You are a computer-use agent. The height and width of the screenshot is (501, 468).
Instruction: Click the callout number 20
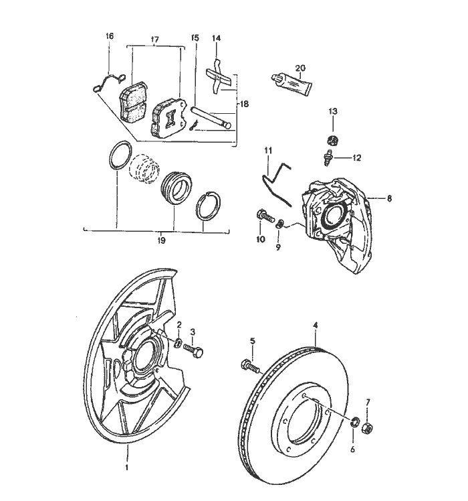pos(300,68)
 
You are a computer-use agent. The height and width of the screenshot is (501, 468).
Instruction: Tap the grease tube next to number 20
pos(293,83)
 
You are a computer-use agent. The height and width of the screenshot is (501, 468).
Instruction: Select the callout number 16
pos(110,35)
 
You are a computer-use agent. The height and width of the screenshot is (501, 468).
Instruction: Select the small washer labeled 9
pos(281,223)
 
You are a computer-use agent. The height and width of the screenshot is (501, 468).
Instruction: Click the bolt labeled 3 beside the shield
pos(195,350)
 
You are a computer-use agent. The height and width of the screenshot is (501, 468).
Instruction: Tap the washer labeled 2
pos(180,344)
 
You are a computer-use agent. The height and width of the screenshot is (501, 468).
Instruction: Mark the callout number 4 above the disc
pos(316,326)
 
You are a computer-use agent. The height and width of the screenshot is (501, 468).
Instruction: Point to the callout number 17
pos(155,40)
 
